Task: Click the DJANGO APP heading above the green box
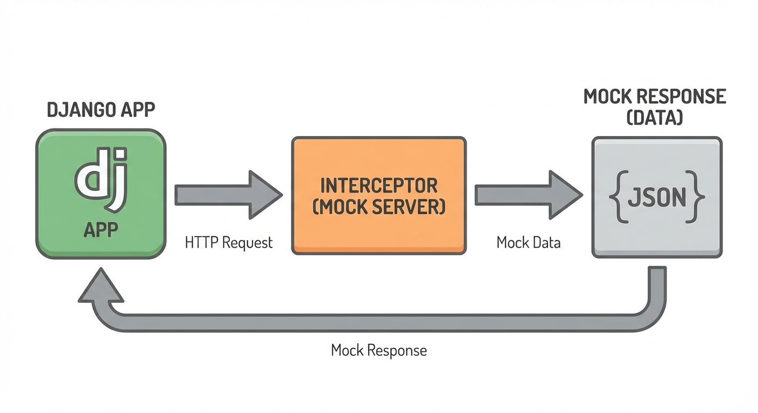click(x=101, y=110)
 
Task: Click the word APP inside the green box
click(x=101, y=230)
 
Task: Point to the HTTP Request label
click(x=229, y=243)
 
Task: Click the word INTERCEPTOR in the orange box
click(x=378, y=186)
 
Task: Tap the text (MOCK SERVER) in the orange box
click(x=378, y=207)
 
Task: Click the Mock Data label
click(x=528, y=243)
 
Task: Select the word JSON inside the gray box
click(x=657, y=197)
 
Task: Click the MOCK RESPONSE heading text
click(x=655, y=97)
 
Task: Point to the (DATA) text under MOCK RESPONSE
click(x=655, y=117)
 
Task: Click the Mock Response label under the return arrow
click(x=378, y=351)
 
